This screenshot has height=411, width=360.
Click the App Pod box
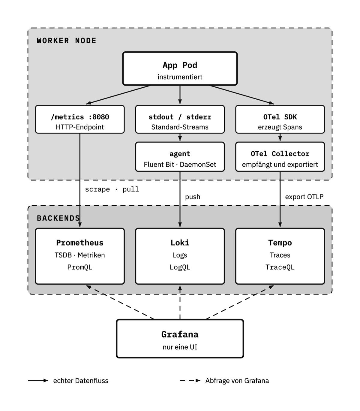coord(180,68)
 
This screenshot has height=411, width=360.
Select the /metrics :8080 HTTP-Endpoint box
coord(80,119)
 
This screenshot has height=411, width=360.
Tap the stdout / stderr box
coord(180,119)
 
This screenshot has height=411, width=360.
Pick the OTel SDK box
coord(280,119)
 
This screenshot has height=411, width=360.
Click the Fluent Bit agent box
coord(180,157)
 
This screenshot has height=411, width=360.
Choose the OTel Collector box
coord(280,157)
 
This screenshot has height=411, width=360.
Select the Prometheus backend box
coord(80,256)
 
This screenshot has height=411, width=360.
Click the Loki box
coord(180,256)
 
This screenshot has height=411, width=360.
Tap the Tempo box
coord(280,256)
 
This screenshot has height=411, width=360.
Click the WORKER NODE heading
coord(67,41)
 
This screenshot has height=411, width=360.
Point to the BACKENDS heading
coord(58,218)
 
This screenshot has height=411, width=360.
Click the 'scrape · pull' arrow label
coord(112,189)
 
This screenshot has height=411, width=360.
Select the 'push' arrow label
coord(193,197)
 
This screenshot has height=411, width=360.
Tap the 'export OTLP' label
coord(304,197)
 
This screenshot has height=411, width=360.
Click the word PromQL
coord(80,267)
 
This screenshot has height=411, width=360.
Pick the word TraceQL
coord(280,267)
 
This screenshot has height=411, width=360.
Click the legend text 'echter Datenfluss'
coord(81,381)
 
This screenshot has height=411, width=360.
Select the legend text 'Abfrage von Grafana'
coord(237,381)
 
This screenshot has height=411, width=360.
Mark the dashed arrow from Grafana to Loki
coord(180,302)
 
